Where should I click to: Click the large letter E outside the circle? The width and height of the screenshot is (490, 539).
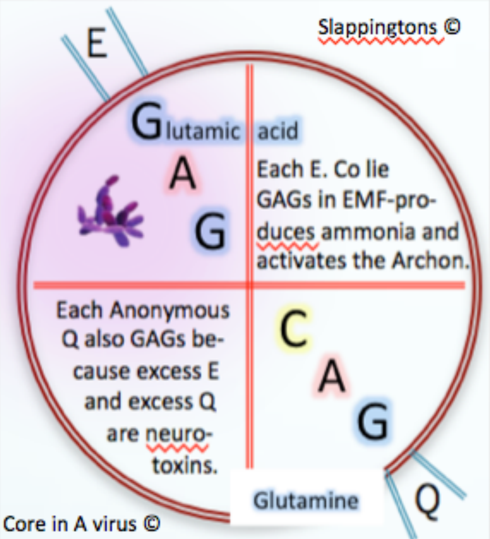tap(97, 43)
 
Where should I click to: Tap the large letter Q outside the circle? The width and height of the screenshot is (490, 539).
tap(427, 502)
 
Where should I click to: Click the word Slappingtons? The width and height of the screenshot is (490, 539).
tap(377, 27)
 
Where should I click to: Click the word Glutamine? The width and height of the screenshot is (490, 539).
tap(306, 500)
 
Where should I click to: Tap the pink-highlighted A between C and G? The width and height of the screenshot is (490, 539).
tap(332, 376)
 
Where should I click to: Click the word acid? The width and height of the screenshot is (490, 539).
tap(278, 130)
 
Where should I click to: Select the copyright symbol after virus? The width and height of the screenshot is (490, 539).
tap(151, 524)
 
